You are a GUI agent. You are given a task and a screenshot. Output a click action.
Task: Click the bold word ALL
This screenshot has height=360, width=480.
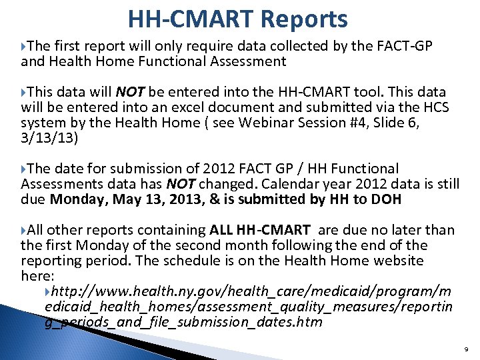tap(221, 230)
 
